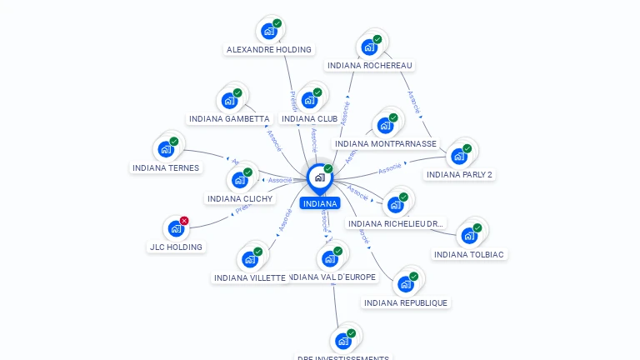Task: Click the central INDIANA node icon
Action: (x=319, y=177)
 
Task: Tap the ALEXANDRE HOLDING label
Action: (x=268, y=49)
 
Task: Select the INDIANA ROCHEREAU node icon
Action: (x=369, y=47)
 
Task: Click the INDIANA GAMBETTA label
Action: (x=229, y=118)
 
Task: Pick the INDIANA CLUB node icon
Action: (x=310, y=100)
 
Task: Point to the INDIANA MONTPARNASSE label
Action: (x=385, y=143)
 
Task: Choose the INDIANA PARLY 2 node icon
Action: (x=458, y=157)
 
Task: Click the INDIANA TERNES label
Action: (x=166, y=167)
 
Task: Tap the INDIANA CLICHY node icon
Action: (x=240, y=180)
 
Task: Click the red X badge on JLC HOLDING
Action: (x=184, y=221)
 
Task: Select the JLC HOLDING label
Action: (x=176, y=247)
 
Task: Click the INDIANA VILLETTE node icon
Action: (x=250, y=259)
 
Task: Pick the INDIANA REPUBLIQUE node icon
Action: (x=406, y=284)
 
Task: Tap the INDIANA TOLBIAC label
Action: (x=469, y=254)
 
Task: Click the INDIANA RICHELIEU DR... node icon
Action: (x=396, y=205)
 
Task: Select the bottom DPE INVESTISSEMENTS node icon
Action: (x=343, y=341)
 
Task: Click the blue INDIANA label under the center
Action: (x=320, y=203)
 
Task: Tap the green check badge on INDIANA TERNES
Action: (x=174, y=141)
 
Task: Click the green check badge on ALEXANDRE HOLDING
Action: (x=277, y=23)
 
